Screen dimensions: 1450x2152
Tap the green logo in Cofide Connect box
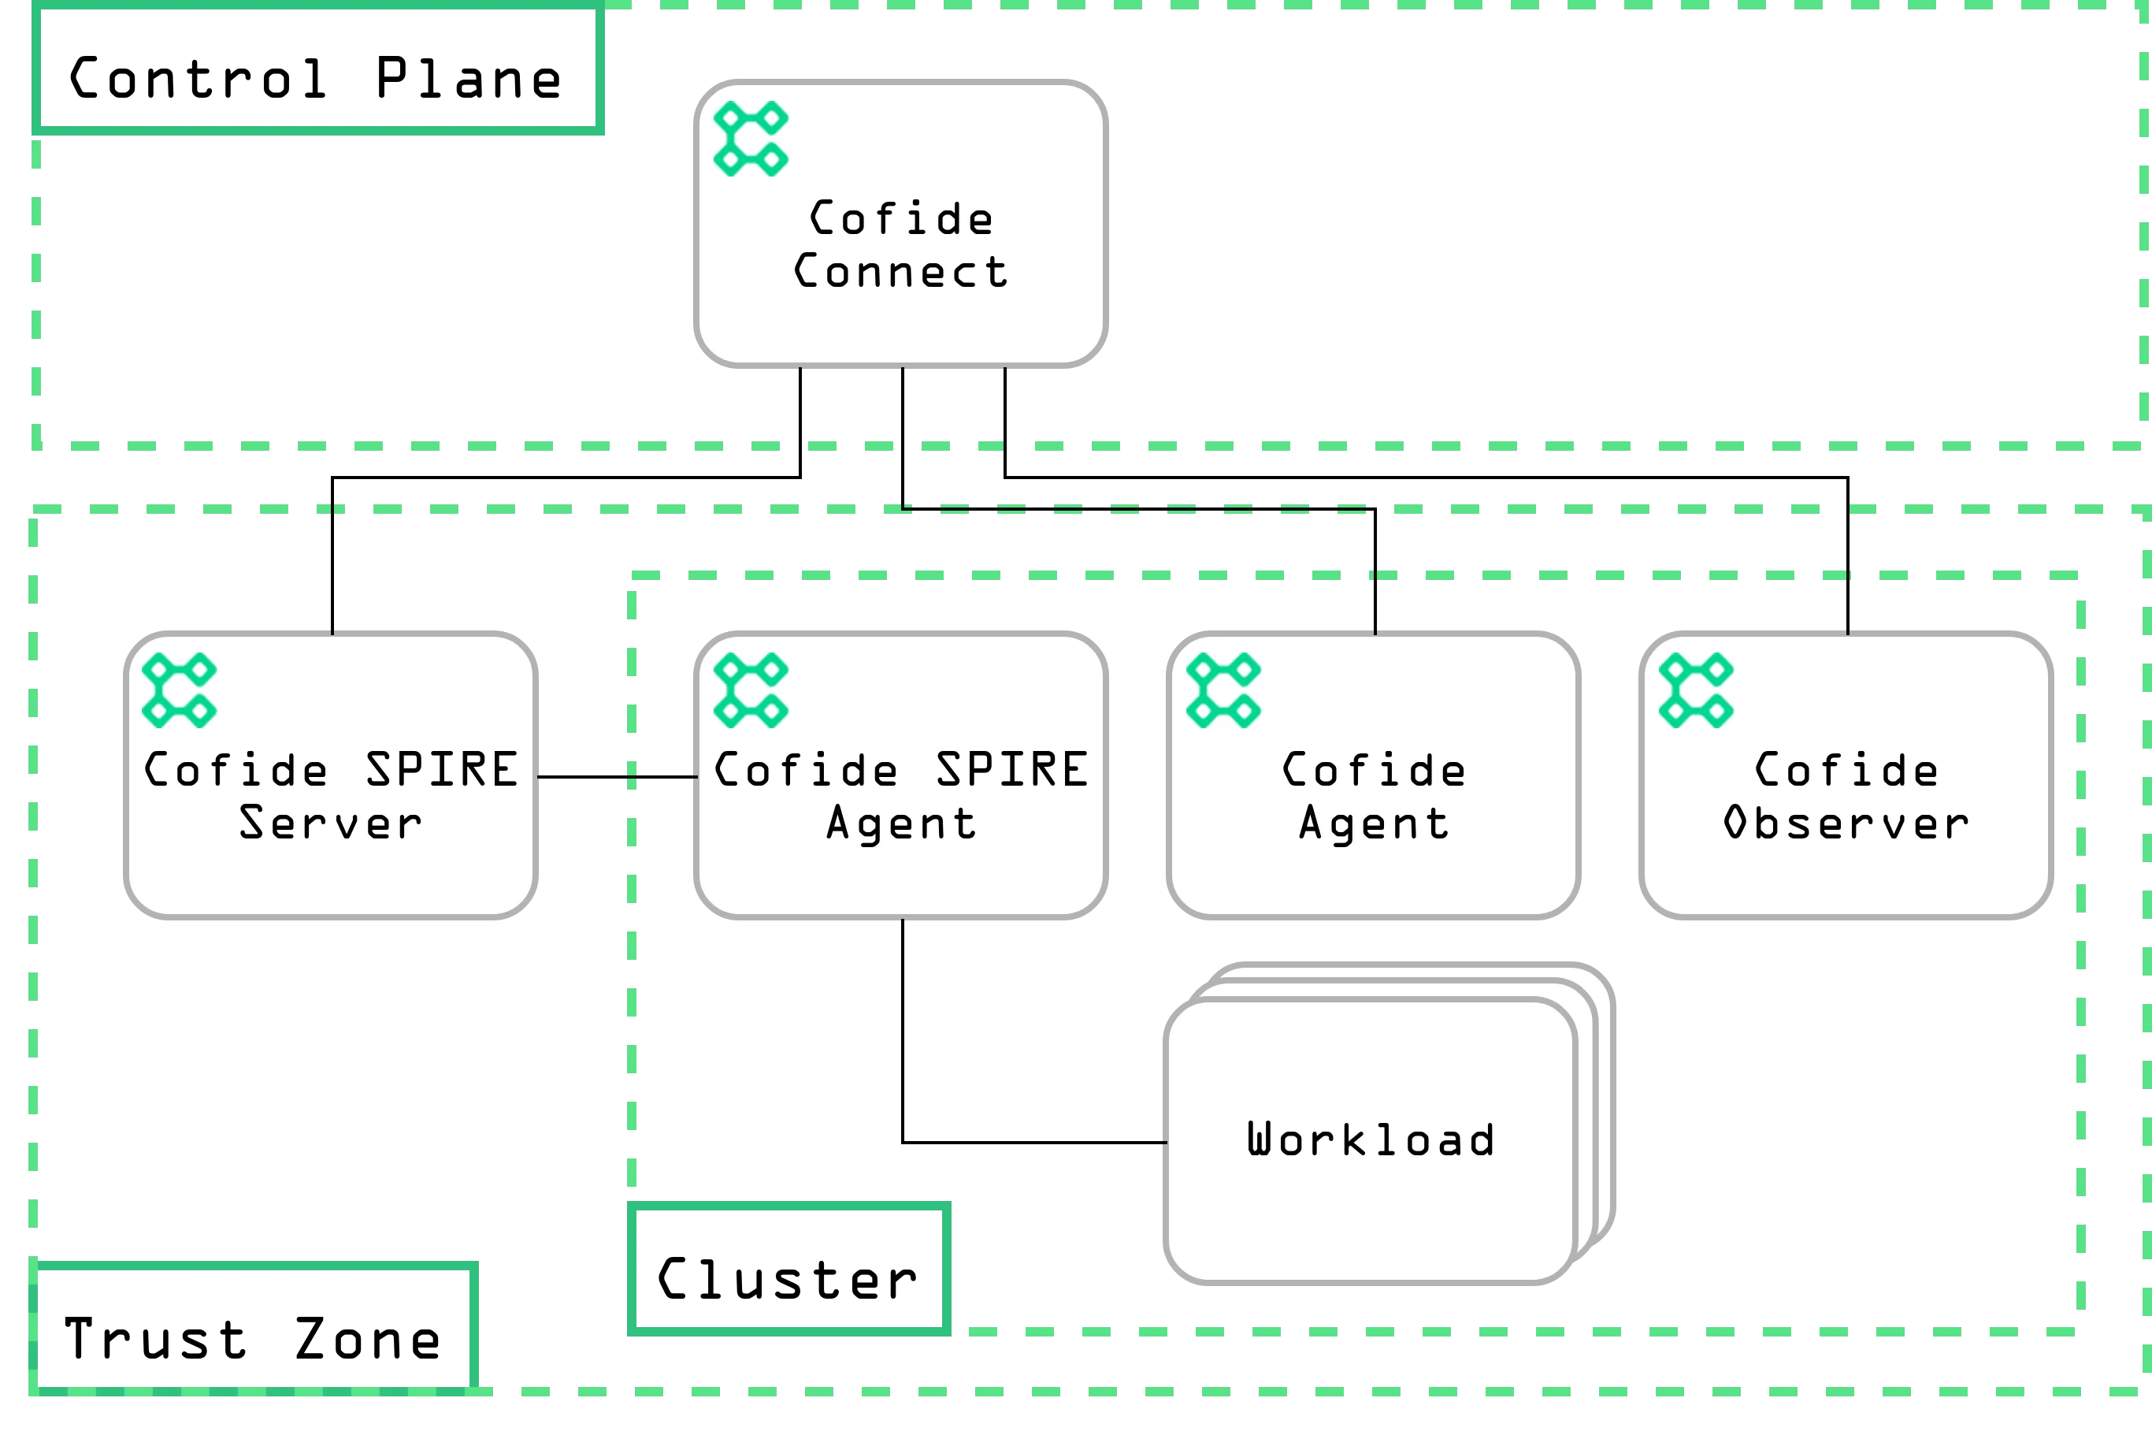point(751,139)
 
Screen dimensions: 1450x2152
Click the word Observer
point(1846,823)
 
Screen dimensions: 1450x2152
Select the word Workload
point(1371,1140)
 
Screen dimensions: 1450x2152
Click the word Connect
point(900,272)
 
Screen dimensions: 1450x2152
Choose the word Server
point(330,823)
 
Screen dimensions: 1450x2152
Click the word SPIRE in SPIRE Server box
point(442,771)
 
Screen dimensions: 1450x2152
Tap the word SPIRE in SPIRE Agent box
point(1012,771)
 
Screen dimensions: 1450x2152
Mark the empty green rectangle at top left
point(318,69)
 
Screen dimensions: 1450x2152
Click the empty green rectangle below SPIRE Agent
point(788,1267)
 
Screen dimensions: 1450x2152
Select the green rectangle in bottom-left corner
point(251,1329)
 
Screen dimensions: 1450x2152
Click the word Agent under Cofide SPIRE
point(900,823)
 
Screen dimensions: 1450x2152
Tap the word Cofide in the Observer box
point(1846,771)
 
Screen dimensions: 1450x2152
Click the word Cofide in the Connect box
point(900,219)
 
